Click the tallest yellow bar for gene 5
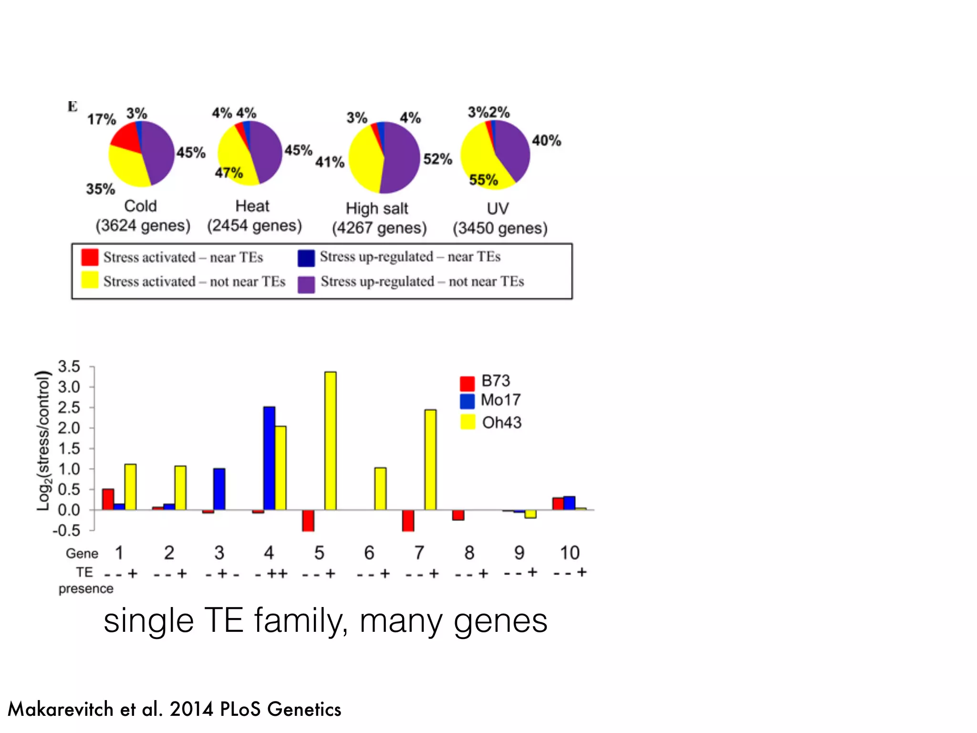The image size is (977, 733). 330,440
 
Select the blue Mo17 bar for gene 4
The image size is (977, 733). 269,458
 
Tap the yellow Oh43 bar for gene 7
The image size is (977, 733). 430,460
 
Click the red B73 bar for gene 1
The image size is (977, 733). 108,499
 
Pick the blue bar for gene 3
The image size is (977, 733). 219,489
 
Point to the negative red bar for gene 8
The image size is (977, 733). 458,515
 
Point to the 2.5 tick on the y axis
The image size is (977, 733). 69,408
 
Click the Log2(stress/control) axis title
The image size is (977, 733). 43,440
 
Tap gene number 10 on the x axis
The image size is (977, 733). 569,553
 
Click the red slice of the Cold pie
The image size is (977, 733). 126,136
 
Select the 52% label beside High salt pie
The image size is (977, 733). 437,159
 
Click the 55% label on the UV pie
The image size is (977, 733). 483,180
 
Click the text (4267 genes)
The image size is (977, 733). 379,228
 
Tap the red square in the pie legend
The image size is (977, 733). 90,257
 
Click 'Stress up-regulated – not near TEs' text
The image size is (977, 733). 422,282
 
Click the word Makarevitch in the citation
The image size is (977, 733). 61,709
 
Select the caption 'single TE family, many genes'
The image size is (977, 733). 325,620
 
